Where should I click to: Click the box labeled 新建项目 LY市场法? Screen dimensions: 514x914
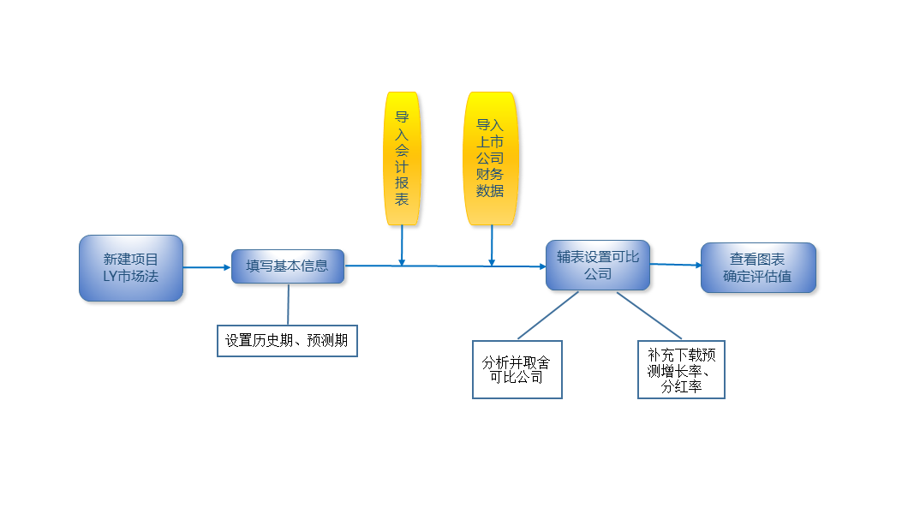131,267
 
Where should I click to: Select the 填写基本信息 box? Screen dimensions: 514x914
288,266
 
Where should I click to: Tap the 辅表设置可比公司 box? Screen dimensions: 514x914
598,266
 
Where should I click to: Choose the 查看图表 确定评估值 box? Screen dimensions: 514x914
758,267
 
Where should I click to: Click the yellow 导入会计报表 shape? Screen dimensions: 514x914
402,158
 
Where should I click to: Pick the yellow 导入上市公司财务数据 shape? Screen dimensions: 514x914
490,158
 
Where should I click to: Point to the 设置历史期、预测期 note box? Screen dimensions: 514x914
287,340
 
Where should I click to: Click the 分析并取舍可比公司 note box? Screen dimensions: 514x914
517,369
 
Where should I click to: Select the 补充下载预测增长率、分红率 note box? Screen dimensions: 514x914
682,370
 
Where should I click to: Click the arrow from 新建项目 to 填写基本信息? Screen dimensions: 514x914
207,267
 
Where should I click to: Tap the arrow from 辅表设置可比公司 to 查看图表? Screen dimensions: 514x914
676,265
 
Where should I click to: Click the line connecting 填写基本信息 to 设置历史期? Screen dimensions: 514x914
288,304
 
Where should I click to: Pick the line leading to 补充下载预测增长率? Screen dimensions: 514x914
649,315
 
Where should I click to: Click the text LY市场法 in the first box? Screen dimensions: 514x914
131,276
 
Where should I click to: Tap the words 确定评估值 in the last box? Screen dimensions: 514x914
757,276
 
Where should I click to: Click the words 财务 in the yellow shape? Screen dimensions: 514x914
483,175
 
